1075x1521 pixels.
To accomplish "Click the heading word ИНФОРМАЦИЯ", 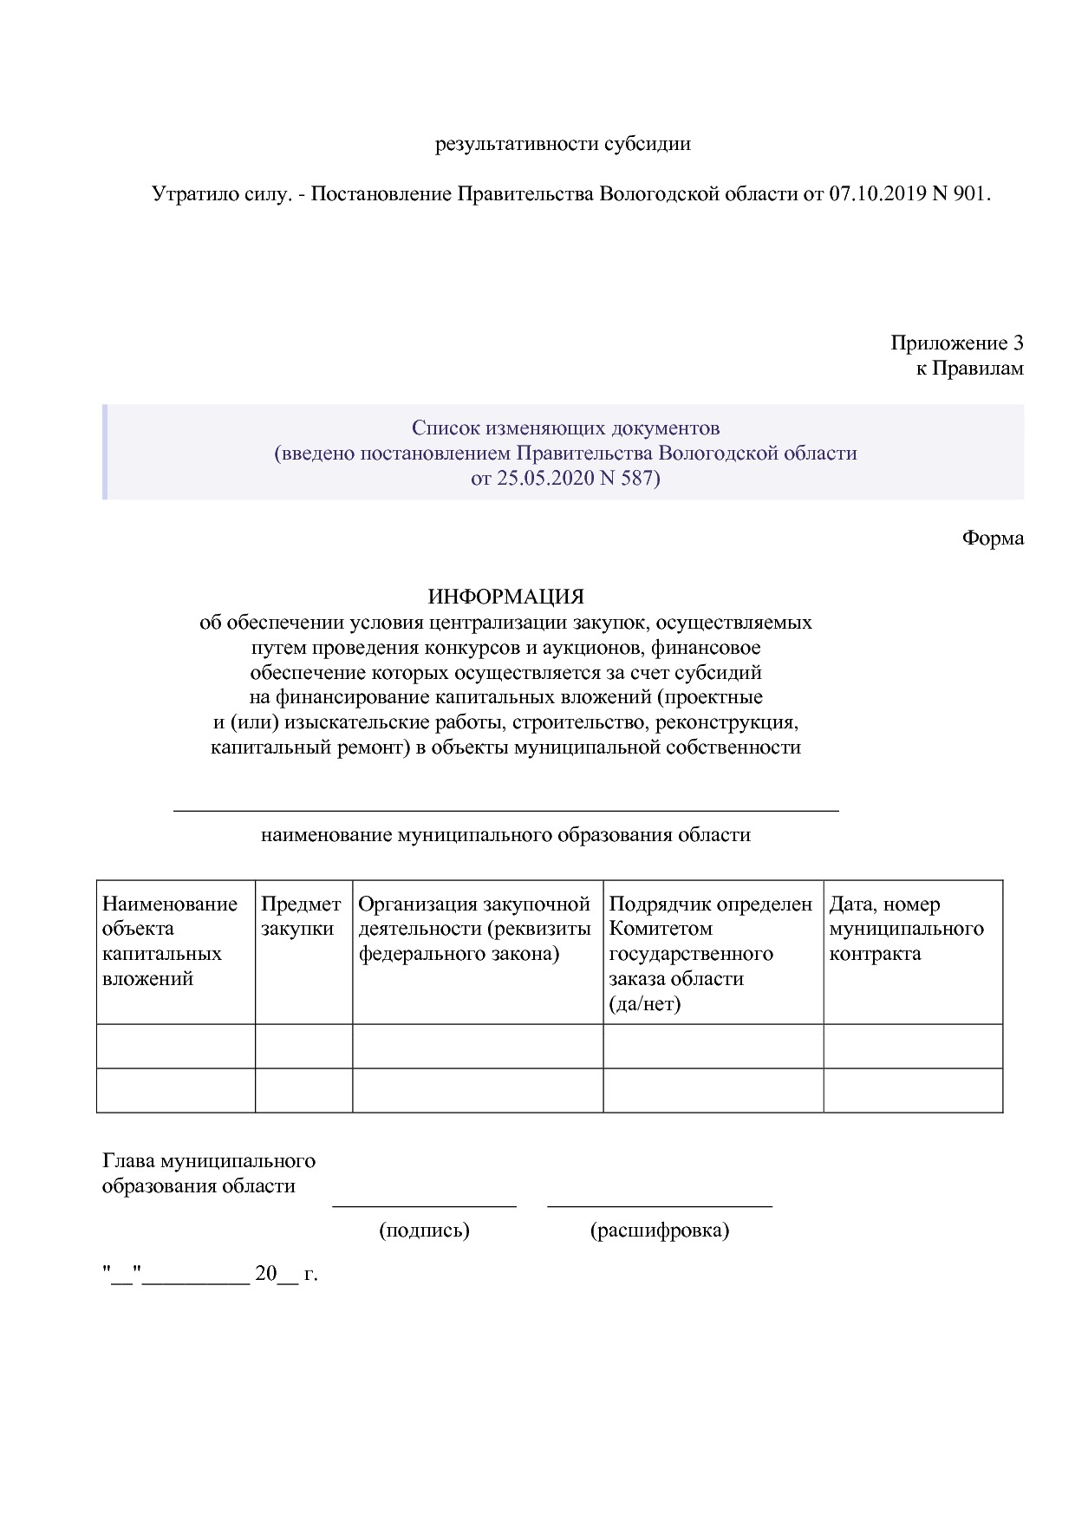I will click(x=505, y=597).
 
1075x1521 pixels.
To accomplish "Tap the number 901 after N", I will click(x=969, y=193).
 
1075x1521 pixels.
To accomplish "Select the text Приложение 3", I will click(x=956, y=343).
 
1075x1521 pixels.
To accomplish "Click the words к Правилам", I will click(x=969, y=369).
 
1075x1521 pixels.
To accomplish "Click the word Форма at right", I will click(x=992, y=538).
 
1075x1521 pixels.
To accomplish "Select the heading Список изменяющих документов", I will click(x=565, y=428).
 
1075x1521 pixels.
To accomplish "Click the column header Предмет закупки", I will click(x=301, y=917).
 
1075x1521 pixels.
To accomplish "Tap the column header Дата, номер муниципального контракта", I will click(x=906, y=929).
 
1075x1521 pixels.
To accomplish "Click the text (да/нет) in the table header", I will click(x=644, y=1003).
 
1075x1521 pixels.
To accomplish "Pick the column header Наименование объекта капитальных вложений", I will click(x=170, y=941).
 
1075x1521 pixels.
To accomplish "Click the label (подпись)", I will click(x=424, y=1230).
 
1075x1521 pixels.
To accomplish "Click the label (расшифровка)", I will click(x=659, y=1230).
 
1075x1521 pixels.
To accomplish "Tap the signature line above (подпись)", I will click(x=424, y=1205).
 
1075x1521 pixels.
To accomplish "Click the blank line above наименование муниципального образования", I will click(x=505, y=809).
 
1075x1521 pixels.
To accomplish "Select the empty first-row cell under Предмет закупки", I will click(x=303, y=1046).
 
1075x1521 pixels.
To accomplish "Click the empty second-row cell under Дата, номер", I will click(x=912, y=1090).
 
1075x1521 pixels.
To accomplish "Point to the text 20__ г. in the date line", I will click(x=286, y=1274).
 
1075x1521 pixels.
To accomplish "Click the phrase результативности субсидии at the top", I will click(x=563, y=144).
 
